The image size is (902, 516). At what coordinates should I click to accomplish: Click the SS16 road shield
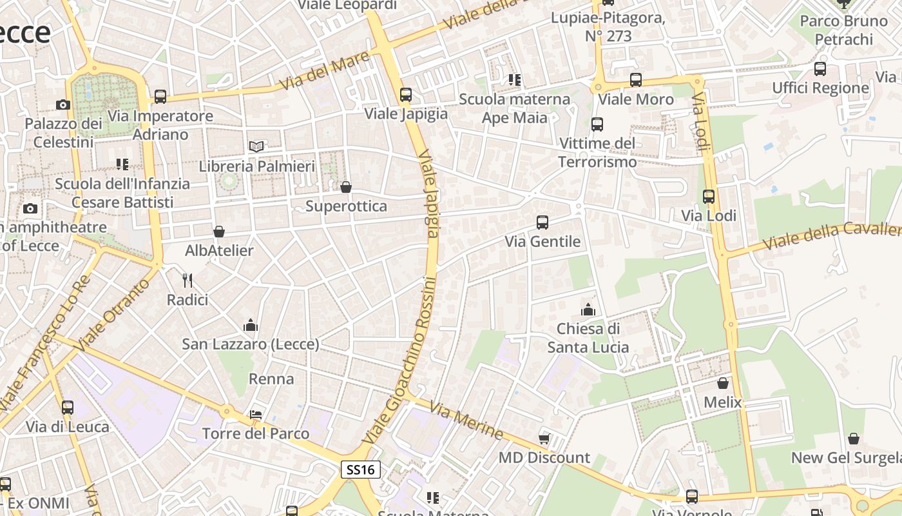click(x=361, y=470)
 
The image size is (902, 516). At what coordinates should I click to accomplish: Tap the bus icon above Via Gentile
click(x=542, y=223)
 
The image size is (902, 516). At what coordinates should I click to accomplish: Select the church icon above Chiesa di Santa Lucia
click(x=588, y=310)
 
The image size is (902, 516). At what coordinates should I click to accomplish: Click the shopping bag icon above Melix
click(x=722, y=383)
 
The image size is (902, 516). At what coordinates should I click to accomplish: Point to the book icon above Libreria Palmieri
click(x=256, y=146)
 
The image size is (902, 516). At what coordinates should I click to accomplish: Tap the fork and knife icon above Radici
click(x=187, y=280)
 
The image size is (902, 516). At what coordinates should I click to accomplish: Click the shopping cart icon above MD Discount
click(x=544, y=439)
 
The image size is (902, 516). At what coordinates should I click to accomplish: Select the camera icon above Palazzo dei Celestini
click(x=62, y=104)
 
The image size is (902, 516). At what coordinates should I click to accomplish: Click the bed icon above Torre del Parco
click(x=256, y=414)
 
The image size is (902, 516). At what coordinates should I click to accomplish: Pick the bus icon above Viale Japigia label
click(x=406, y=95)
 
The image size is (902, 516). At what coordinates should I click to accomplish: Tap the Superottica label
click(x=346, y=206)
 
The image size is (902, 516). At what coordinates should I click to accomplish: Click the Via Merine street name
click(x=466, y=421)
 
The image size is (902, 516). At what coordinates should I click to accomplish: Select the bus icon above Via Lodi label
click(x=709, y=197)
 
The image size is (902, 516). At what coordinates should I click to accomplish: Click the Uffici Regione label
click(x=820, y=88)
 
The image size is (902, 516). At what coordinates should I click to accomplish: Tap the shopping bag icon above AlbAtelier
click(x=219, y=231)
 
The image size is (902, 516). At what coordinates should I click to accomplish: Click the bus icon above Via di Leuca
click(x=68, y=408)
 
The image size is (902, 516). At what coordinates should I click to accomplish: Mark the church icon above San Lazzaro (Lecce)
click(x=251, y=325)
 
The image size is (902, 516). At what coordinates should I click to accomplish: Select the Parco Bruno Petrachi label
click(x=843, y=30)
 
